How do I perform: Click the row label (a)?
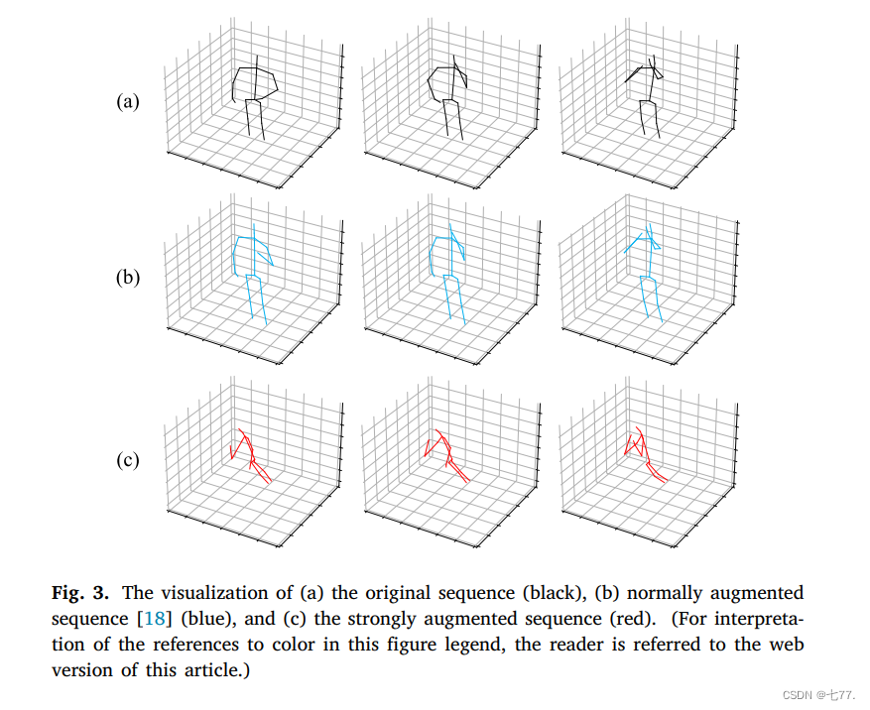pos(127,101)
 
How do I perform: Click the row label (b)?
pos(127,278)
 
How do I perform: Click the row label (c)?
pos(127,460)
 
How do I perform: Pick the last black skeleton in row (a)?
pos(647,94)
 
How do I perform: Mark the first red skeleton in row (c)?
pos(250,456)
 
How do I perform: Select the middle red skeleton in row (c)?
pos(446,456)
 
